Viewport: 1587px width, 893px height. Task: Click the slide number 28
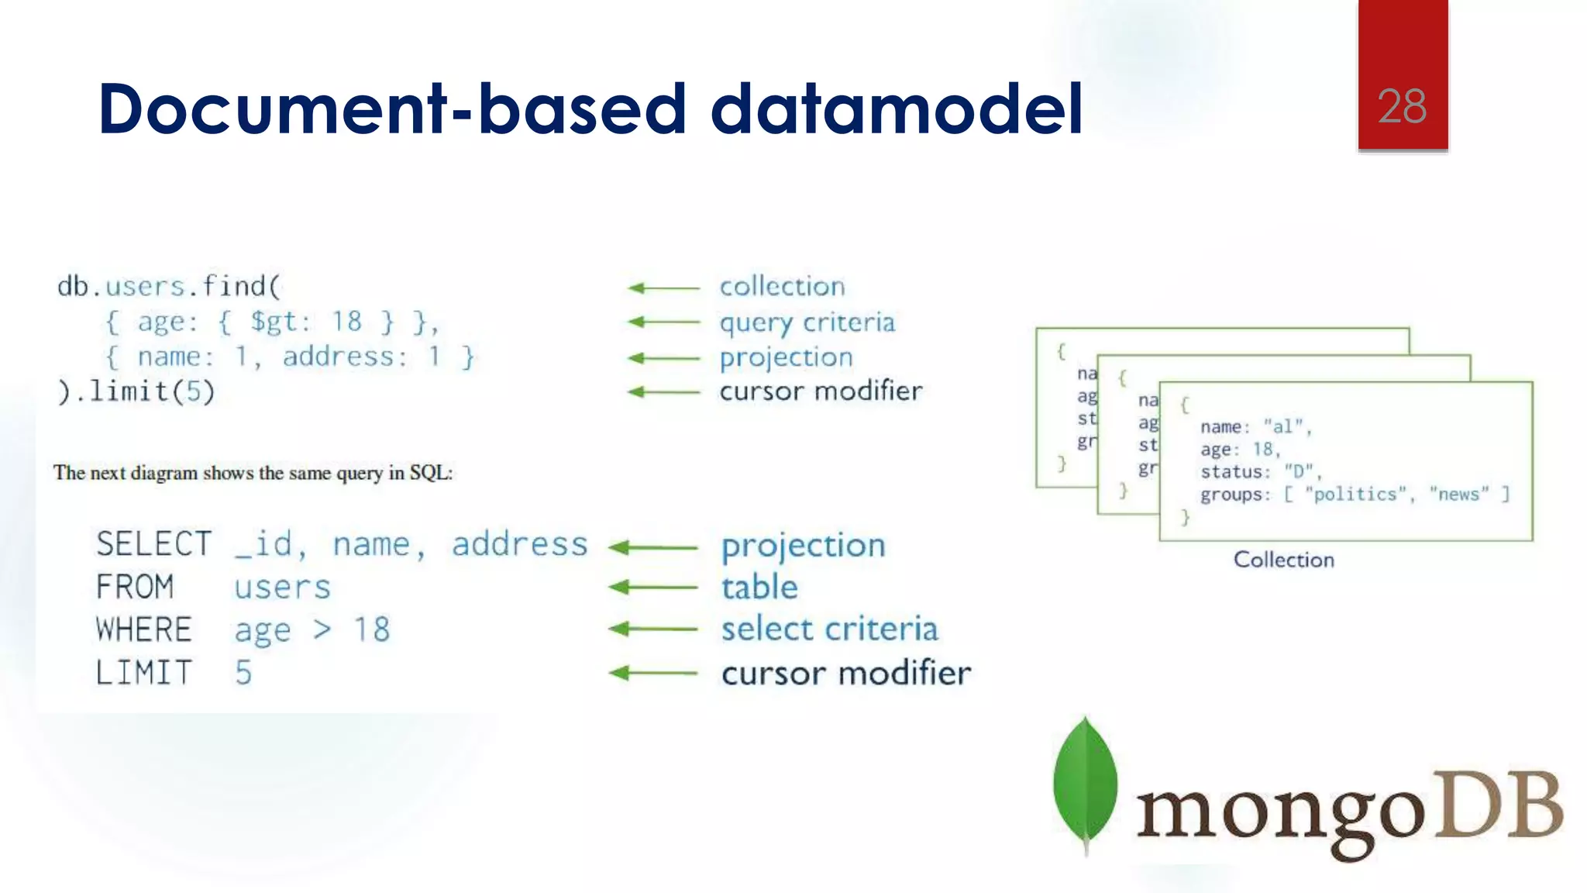coord(1402,107)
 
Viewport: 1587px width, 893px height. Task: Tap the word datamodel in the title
coord(896,109)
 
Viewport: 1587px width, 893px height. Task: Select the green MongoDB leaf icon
coord(1085,783)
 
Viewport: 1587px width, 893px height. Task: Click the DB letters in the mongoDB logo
coord(1497,806)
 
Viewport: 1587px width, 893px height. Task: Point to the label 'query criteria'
coord(807,322)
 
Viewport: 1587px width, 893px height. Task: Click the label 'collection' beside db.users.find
coord(782,287)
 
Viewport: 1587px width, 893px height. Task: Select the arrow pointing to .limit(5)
coord(663,392)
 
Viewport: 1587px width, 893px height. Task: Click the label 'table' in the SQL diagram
coord(759,587)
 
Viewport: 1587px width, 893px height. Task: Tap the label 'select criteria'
coord(829,629)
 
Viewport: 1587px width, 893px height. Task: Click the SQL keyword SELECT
coord(153,544)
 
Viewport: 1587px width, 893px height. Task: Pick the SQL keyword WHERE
coord(143,629)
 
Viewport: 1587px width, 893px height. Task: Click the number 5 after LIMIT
coord(243,672)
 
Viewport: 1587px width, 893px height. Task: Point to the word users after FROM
coord(282,588)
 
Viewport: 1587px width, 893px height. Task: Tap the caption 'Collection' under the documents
coord(1283,560)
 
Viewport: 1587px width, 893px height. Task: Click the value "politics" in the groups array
coord(1355,495)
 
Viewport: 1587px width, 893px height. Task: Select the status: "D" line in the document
coord(1259,471)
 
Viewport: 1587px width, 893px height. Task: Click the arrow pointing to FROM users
coord(653,588)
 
